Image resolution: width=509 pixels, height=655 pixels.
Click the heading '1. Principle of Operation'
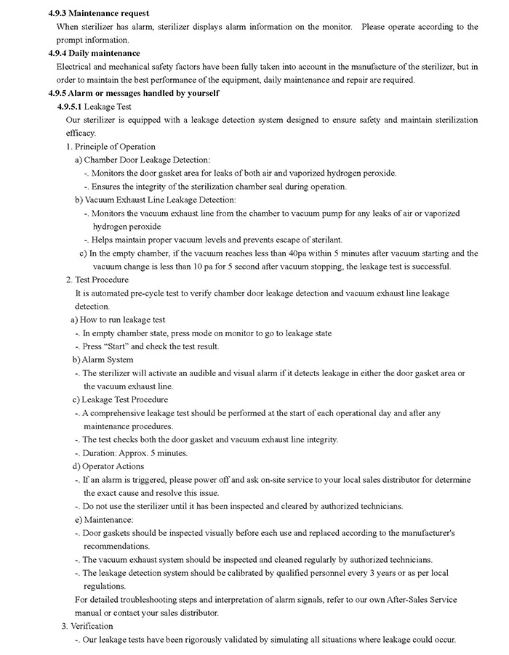pyautogui.click(x=111, y=147)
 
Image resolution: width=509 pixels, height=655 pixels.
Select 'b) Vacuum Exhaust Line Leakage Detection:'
pyautogui.click(x=155, y=200)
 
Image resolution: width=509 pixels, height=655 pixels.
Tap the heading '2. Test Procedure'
pyautogui.click(x=97, y=280)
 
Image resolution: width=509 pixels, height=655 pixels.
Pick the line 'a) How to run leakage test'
pyautogui.click(x=118, y=320)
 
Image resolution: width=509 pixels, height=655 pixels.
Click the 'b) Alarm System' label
pyautogui.click(x=103, y=359)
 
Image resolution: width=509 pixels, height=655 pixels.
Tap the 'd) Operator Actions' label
pyautogui.click(x=108, y=466)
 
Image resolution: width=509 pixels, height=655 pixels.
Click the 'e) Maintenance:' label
pyautogui.click(x=104, y=520)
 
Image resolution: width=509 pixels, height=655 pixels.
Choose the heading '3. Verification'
pyautogui.click(x=87, y=626)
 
